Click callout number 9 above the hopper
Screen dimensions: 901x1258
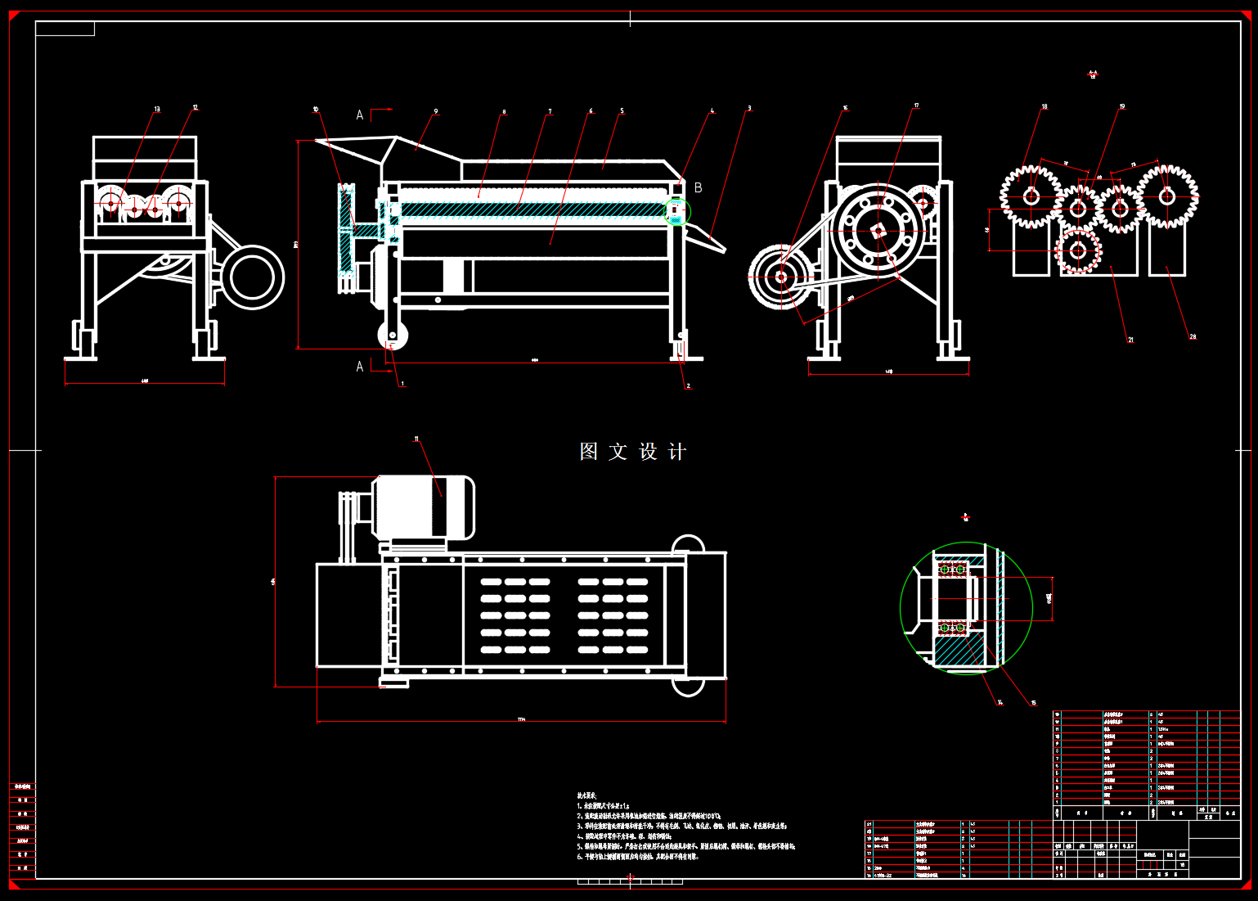[x=436, y=111]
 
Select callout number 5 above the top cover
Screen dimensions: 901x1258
[x=622, y=111]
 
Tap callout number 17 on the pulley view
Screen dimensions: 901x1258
[x=917, y=106]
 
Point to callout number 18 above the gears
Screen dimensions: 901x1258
[x=1045, y=106]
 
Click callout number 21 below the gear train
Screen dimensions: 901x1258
[x=1130, y=340]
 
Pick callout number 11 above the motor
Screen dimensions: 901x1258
[x=416, y=439]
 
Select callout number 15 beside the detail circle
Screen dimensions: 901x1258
[x=1033, y=702]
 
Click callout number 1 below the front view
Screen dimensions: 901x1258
[x=402, y=383]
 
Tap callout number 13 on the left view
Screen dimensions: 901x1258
[x=157, y=109]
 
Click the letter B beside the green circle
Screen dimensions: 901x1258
[x=698, y=187]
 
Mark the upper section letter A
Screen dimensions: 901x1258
[x=360, y=115]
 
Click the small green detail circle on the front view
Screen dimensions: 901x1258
[x=676, y=212]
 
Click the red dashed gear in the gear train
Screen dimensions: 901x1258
[x=1078, y=251]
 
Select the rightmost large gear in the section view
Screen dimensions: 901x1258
[x=1166, y=196]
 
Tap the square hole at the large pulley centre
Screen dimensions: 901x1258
[x=878, y=232]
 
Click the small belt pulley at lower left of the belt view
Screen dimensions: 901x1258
[x=781, y=277]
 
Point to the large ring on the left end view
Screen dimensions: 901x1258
[x=252, y=277]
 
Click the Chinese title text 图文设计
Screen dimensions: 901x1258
[x=632, y=452]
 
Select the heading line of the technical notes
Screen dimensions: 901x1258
[x=587, y=795]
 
